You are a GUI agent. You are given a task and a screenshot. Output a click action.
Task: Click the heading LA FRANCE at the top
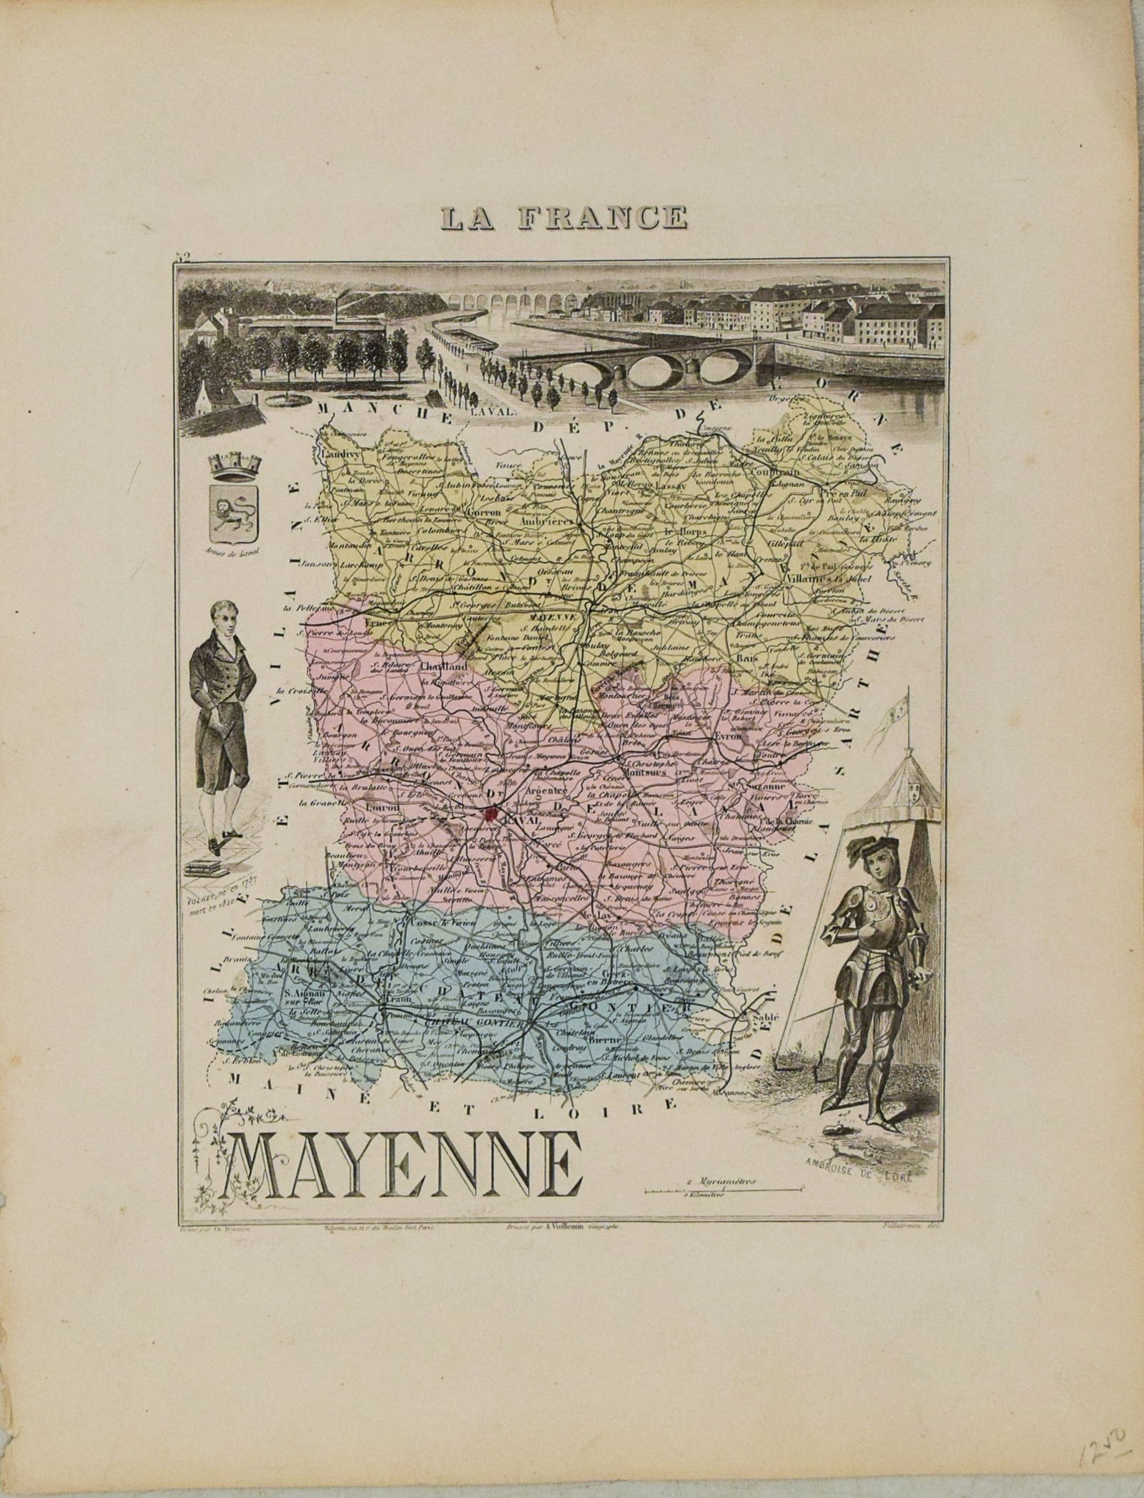click(564, 217)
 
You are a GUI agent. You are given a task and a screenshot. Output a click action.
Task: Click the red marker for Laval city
click(490, 812)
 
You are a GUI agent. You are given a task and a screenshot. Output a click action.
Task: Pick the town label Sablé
click(760, 1017)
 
